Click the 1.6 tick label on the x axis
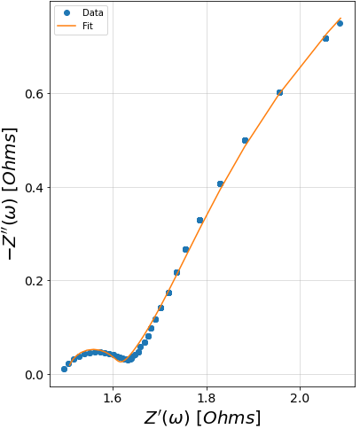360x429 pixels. click(x=113, y=399)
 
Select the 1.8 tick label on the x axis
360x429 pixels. click(x=207, y=399)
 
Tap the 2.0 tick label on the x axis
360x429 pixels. click(x=301, y=399)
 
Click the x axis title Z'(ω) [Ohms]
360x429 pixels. click(x=202, y=417)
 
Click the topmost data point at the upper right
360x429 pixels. click(x=340, y=23)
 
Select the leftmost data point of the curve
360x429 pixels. click(x=64, y=369)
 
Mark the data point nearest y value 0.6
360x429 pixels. click(x=279, y=92)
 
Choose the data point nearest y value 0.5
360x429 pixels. click(x=245, y=140)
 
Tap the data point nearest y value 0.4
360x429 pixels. click(x=220, y=183)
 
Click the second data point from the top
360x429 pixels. click(x=325, y=38)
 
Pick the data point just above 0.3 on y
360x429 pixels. click(x=200, y=220)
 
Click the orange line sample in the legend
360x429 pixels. click(x=67, y=27)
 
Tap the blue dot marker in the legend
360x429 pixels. click(x=67, y=13)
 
